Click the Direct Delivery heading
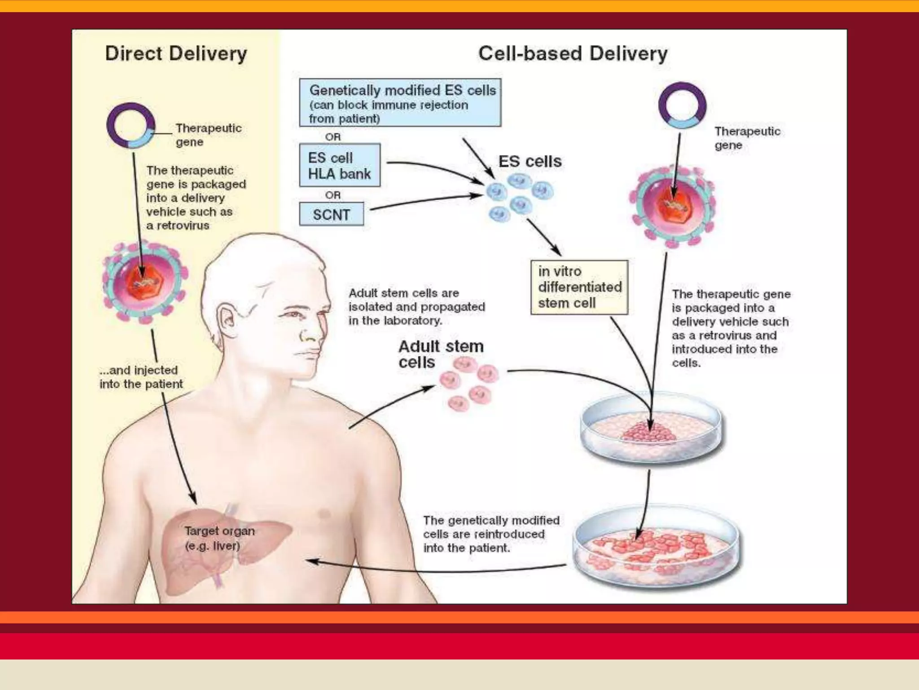tap(176, 54)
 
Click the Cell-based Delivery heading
tap(573, 54)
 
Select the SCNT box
tap(331, 214)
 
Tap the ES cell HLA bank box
tap(339, 165)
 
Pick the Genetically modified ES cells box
tap(400, 103)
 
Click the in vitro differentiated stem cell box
tap(579, 287)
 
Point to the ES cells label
tap(530, 161)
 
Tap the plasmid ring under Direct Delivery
tap(131, 125)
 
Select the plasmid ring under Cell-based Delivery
tap(682, 106)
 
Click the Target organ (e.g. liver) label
tap(219, 538)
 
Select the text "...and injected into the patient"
tap(141, 377)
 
